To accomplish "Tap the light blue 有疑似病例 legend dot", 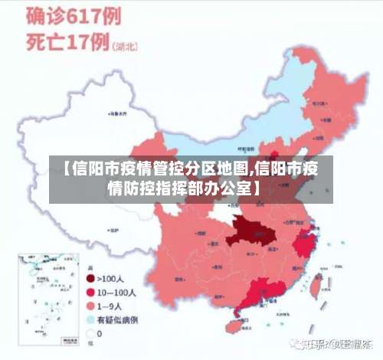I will coord(90,319).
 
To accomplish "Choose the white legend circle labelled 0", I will coord(90,333).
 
